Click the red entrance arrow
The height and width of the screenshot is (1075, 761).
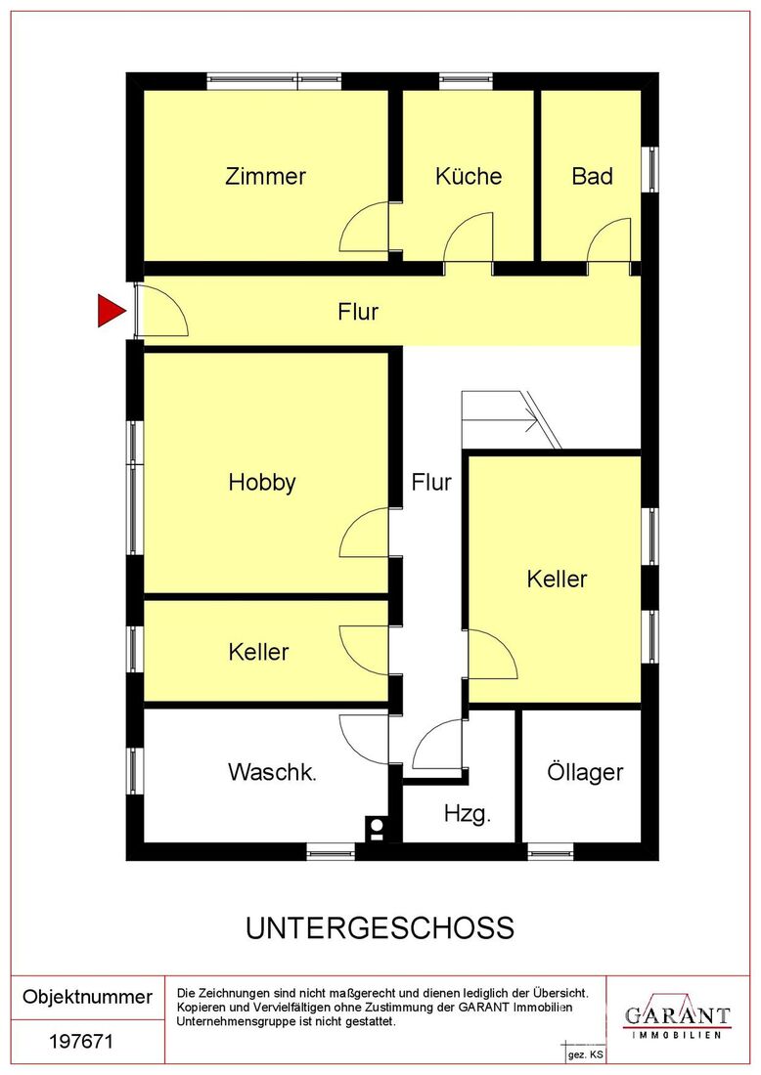tap(111, 311)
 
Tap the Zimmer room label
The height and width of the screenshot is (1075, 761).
tap(265, 176)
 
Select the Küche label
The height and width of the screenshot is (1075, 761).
tap(469, 176)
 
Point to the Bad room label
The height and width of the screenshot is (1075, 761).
tap(592, 176)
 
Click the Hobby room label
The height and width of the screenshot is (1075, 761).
tap(262, 482)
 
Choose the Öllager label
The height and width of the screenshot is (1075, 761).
tap(585, 772)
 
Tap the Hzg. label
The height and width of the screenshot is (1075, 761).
tap(468, 814)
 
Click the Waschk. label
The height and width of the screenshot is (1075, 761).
tap(273, 772)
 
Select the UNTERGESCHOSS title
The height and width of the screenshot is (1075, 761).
tap(380, 928)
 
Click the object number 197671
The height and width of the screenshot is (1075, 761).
tap(81, 1042)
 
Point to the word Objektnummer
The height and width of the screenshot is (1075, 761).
tap(87, 996)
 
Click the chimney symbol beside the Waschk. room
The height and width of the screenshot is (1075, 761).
tap(376, 828)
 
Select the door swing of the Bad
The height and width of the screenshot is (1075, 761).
tap(609, 239)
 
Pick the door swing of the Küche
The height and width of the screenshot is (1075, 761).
tap(469, 237)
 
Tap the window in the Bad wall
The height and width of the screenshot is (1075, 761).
tap(650, 169)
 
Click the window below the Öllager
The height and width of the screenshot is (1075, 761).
tap(551, 851)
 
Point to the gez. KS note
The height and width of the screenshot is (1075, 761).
tap(585, 1054)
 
